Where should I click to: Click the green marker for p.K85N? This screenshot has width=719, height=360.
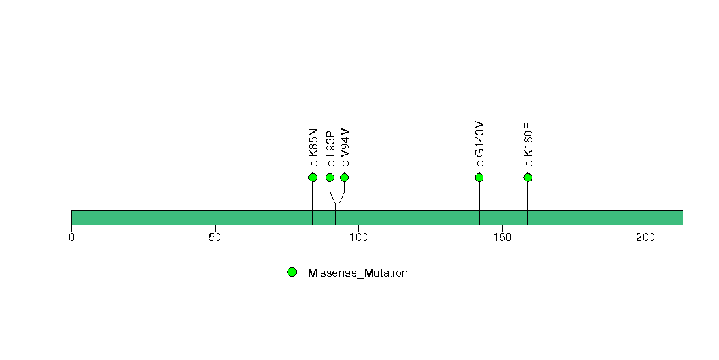pyautogui.click(x=312, y=177)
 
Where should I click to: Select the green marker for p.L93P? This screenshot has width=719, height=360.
pyautogui.click(x=330, y=177)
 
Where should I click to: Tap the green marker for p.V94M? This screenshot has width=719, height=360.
pyautogui.click(x=344, y=177)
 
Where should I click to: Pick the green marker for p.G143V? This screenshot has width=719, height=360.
pyautogui.click(x=479, y=177)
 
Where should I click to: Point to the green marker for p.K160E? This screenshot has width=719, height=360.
pyautogui.click(x=528, y=177)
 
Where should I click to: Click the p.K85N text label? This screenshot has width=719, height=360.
pyautogui.click(x=314, y=148)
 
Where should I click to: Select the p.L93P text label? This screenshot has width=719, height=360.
pyautogui.click(x=331, y=148)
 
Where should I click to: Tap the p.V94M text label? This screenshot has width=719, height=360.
pyautogui.click(x=345, y=147)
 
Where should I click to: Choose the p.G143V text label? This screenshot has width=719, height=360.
pyautogui.click(x=480, y=144)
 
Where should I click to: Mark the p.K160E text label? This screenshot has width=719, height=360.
pyautogui.click(x=529, y=145)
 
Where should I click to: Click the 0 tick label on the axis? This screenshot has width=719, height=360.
pyautogui.click(x=71, y=238)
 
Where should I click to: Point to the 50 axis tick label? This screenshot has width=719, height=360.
pyautogui.click(x=215, y=238)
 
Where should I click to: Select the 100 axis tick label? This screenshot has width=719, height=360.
pyautogui.click(x=358, y=238)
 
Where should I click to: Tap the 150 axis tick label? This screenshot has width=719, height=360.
pyautogui.click(x=502, y=238)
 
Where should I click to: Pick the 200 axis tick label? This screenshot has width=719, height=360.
pyautogui.click(x=646, y=238)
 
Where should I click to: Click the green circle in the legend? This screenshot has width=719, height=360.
pyautogui.click(x=292, y=273)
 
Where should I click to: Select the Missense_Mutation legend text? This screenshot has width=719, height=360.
pyautogui.click(x=358, y=273)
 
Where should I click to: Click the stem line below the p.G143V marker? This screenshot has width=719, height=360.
pyautogui.click(x=479, y=203)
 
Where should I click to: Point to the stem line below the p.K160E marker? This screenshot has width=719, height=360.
pyautogui.click(x=528, y=203)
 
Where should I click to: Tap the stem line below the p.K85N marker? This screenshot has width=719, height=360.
pyautogui.click(x=312, y=203)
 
